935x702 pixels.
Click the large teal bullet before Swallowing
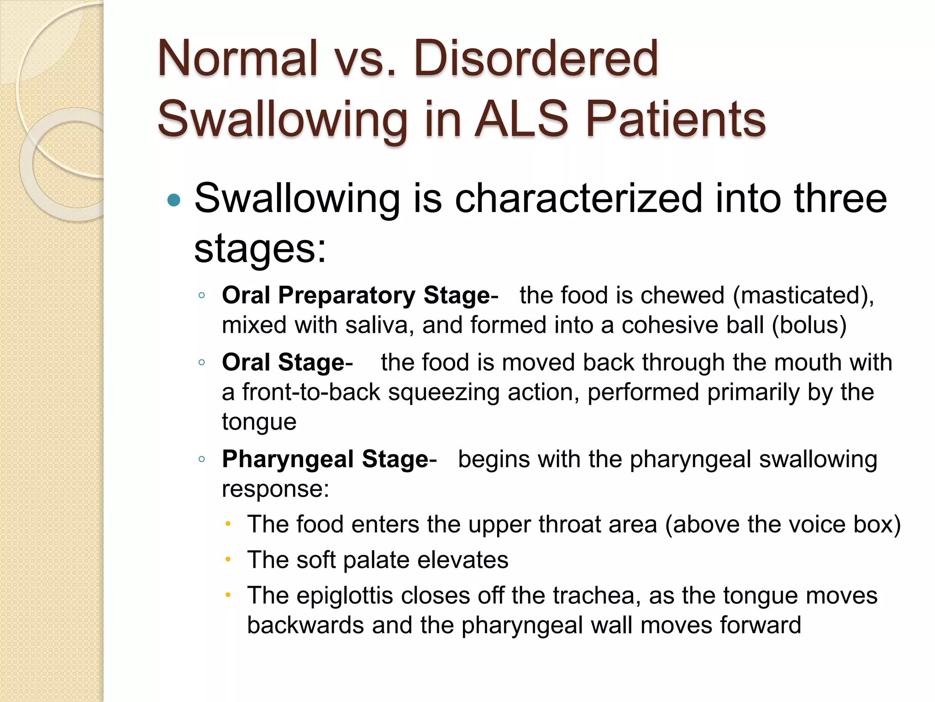[x=174, y=200]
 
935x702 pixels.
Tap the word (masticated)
[x=803, y=295]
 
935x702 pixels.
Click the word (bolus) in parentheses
[x=809, y=325]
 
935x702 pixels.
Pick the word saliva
[x=379, y=325]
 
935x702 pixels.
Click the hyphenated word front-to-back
[x=311, y=392]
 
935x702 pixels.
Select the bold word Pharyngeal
[x=288, y=459]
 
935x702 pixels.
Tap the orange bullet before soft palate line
[x=228, y=559]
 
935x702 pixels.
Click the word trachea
[x=594, y=596]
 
